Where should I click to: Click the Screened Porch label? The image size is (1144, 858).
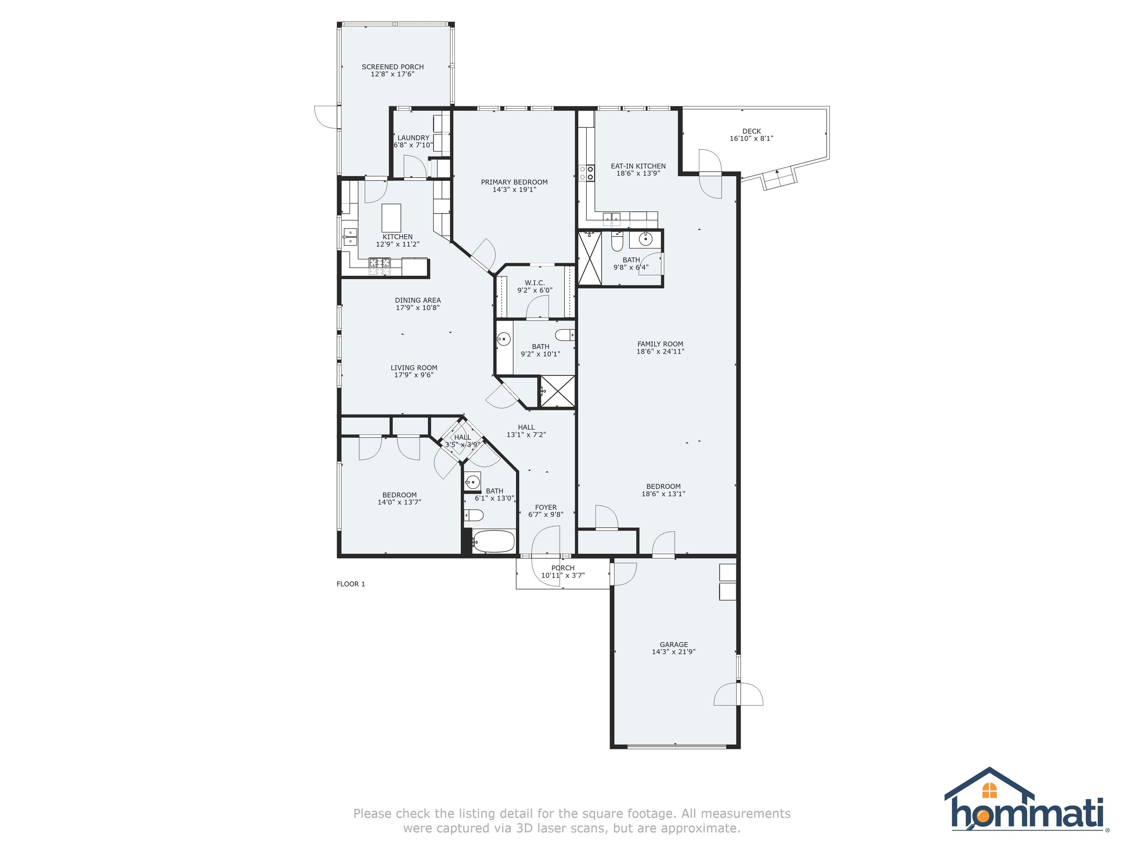pyautogui.click(x=393, y=67)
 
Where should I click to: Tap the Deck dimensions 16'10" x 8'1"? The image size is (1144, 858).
pyautogui.click(x=751, y=139)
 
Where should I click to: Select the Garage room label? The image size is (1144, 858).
pyautogui.click(x=673, y=644)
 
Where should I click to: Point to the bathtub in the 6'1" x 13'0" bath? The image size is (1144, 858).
pyautogui.click(x=493, y=541)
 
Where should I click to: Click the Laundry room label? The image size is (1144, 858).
pyautogui.click(x=413, y=137)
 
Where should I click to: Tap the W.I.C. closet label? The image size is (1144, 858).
pyautogui.click(x=534, y=283)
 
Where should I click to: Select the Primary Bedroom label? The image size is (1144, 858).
pyautogui.click(x=514, y=182)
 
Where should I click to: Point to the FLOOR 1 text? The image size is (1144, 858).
pyautogui.click(x=351, y=584)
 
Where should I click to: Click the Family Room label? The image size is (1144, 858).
pyautogui.click(x=660, y=344)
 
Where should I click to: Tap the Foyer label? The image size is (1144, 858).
pyautogui.click(x=546, y=507)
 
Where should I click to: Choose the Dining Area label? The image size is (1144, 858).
pyautogui.click(x=417, y=300)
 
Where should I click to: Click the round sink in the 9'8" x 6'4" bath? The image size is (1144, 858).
pyautogui.click(x=645, y=239)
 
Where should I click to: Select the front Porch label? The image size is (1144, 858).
pyautogui.click(x=563, y=568)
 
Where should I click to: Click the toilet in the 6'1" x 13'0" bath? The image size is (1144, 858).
pyautogui.click(x=473, y=515)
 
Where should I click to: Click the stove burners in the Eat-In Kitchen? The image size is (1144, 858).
pyautogui.click(x=587, y=173)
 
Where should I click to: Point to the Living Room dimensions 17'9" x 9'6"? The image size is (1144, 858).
pyautogui.click(x=413, y=375)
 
